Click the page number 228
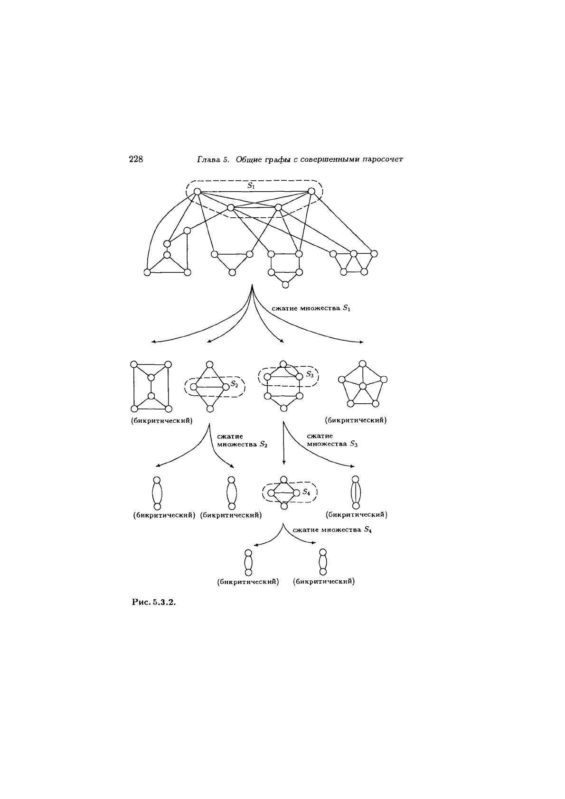click(x=136, y=159)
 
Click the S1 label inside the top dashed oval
click(x=251, y=186)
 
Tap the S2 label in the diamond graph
click(x=234, y=384)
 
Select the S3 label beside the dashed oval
click(x=310, y=375)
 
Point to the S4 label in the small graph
click(x=307, y=492)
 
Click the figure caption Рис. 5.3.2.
click(x=154, y=603)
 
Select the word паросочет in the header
click(x=382, y=159)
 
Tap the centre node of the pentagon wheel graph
click(x=363, y=386)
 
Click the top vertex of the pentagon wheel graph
click(x=363, y=364)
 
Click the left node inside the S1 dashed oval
click(x=198, y=192)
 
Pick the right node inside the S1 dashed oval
click(x=311, y=192)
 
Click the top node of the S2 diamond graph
click(x=210, y=364)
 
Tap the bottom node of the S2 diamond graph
click(x=210, y=409)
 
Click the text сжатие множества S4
click(x=332, y=530)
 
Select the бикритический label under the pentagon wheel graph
click(x=356, y=420)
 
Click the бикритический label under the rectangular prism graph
click(x=162, y=421)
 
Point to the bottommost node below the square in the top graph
click(x=285, y=285)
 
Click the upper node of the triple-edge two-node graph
click(x=356, y=479)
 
